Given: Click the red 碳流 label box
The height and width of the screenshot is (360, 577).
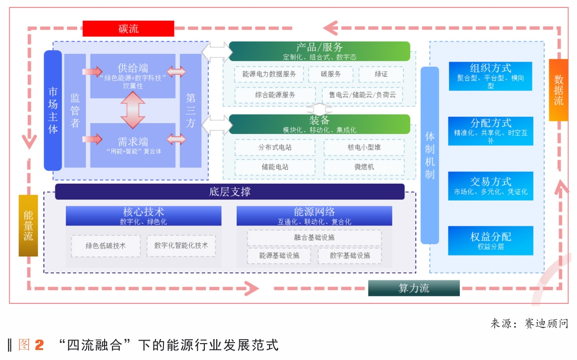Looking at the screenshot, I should coord(128,28).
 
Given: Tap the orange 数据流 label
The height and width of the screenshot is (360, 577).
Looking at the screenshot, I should coord(559,90).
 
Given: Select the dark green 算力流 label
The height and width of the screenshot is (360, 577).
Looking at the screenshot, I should coord(414,288).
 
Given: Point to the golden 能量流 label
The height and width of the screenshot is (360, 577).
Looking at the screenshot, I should coord(28,225).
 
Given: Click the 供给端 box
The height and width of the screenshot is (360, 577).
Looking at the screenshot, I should coord(133,75).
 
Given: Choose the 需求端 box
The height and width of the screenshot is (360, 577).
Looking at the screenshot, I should coord(133,145).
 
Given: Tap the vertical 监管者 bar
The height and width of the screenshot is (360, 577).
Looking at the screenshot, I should coord(75,111).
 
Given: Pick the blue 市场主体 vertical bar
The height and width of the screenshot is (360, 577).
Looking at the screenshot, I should coord(53,111).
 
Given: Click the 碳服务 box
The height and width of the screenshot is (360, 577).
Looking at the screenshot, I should coord(330,74).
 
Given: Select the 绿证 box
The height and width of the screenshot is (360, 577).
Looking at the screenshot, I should coord(381,74).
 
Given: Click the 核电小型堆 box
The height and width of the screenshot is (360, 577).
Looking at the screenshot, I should coord(364,147).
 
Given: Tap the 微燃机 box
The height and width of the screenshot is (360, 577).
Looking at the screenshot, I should coord(364,167).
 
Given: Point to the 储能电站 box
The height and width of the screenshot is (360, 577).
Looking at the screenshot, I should coord(275,167).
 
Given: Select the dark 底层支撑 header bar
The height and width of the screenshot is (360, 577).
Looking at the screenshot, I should coord(230,191).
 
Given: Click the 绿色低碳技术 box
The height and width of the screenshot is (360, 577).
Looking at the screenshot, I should coord(106,245).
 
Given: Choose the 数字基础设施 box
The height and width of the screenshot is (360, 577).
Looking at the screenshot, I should coord(350,255).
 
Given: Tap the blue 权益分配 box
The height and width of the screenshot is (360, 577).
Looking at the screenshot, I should coord(490,240).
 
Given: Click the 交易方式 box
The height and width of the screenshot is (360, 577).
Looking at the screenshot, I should coord(490,186).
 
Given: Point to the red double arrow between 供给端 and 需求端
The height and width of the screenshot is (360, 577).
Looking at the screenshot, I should coord(133,110).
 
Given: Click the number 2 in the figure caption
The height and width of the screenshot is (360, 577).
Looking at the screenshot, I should coord(39,345).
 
